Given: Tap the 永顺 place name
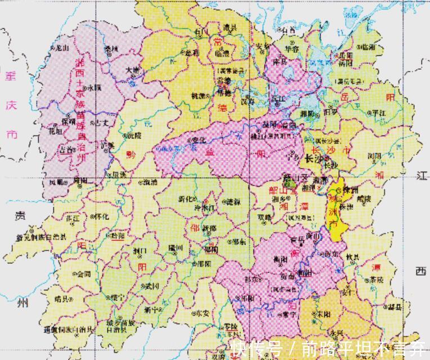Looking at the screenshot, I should (93, 88).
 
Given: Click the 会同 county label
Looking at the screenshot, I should (84, 274).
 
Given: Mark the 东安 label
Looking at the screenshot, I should (202, 313).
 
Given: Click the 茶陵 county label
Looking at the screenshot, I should (375, 280).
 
